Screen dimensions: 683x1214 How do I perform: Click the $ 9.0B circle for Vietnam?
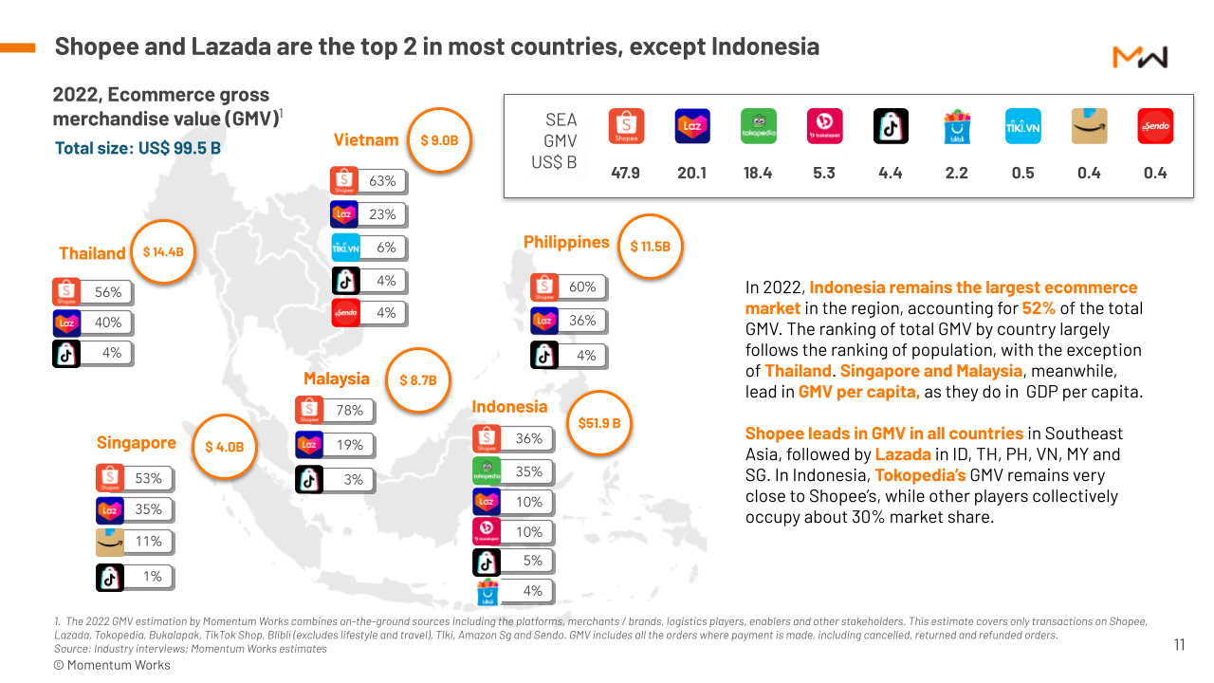[439, 140]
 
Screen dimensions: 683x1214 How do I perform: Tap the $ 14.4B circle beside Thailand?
[163, 252]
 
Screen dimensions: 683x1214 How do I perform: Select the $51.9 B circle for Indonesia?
[599, 423]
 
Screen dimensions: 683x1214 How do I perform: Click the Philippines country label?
[566, 242]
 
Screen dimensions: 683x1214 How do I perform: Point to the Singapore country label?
[137, 443]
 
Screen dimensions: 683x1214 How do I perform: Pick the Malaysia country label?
[336, 378]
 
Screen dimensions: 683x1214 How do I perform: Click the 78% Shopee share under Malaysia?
[349, 411]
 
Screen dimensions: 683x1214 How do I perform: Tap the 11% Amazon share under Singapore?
[148, 542]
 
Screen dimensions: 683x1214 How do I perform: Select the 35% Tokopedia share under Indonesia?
[528, 471]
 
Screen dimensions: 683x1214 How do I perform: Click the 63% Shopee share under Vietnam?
[382, 180]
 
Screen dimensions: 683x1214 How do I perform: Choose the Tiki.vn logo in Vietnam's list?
[345, 248]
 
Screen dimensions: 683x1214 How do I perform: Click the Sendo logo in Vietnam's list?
[345, 312]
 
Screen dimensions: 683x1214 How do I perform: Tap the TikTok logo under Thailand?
[66, 353]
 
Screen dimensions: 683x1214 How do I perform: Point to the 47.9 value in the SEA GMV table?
[626, 173]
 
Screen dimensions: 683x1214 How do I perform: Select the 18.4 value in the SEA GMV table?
[758, 173]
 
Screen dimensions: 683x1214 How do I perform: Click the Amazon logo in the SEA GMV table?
[1089, 126]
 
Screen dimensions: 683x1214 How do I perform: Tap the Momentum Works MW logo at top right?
[1139, 58]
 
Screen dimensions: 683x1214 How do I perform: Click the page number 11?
[1179, 645]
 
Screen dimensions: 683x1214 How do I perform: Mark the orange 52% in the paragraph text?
[1038, 308]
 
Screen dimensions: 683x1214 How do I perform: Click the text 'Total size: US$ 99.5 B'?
[138, 148]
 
